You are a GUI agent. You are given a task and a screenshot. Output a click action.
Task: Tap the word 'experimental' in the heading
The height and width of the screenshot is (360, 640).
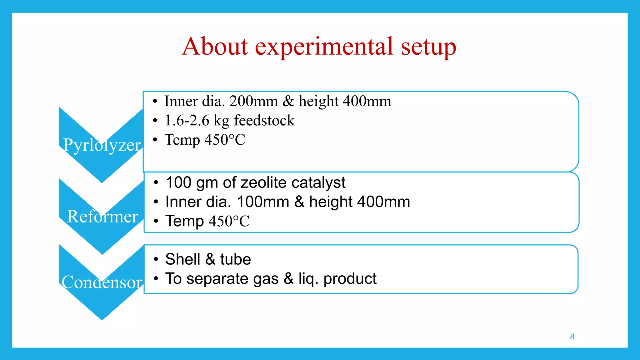tap(324, 47)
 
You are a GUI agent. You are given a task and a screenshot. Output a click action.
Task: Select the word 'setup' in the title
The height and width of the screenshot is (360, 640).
tap(428, 47)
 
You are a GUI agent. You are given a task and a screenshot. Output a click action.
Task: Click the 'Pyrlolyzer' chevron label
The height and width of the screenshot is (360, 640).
tap(102, 145)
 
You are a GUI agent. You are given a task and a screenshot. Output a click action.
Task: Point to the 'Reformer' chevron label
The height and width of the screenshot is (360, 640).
tap(102, 216)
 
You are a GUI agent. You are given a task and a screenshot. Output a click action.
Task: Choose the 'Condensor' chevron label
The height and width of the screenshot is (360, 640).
tap(102, 282)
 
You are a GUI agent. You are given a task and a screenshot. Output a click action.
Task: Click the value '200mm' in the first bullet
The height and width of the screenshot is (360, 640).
tap(253, 101)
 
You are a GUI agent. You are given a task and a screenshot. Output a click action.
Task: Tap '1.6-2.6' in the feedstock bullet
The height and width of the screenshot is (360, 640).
tap(187, 120)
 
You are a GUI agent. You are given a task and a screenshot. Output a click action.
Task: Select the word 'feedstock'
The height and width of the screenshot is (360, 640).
tap(264, 120)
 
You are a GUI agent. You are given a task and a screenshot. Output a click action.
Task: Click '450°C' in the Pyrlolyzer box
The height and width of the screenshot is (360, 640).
tap(225, 139)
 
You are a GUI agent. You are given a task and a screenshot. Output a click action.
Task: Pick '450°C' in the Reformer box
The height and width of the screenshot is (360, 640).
tap(229, 221)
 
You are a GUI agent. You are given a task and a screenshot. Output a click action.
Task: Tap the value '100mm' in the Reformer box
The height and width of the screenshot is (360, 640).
tap(263, 202)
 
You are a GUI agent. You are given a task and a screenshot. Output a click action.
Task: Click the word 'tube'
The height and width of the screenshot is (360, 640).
tap(235, 259)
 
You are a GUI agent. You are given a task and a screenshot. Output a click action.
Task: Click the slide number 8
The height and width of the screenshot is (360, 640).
tap(572, 337)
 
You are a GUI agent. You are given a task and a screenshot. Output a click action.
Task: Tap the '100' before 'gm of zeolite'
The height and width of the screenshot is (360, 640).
tap(178, 182)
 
